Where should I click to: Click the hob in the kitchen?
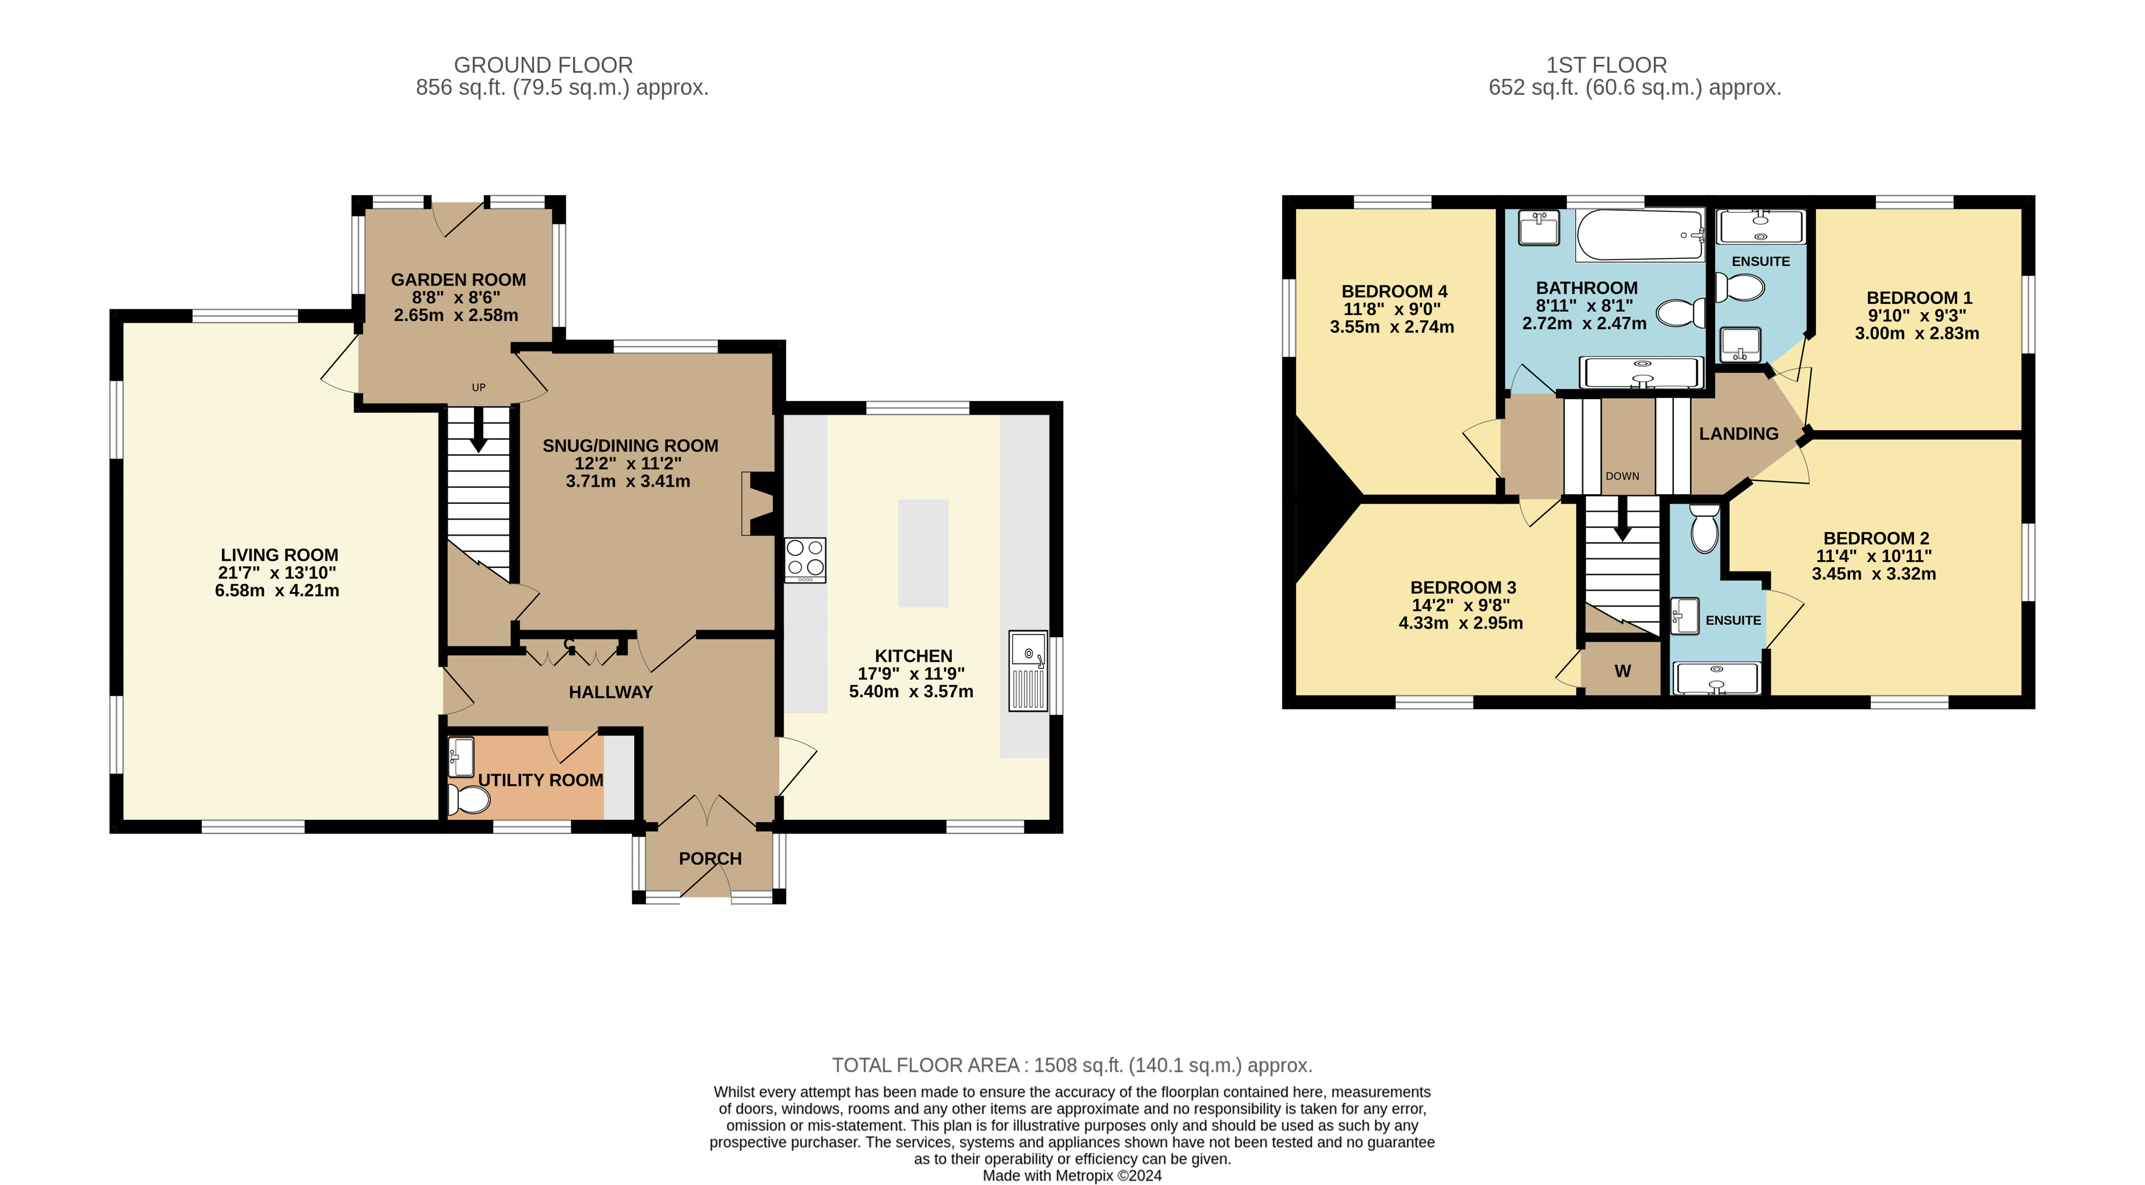[x=805, y=560]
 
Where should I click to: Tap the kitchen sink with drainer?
[x=1028, y=671]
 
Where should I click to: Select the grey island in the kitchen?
[x=922, y=553]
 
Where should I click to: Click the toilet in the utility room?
[x=469, y=800]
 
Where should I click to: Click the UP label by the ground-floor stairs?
[x=479, y=387]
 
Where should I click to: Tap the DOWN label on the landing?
[x=1622, y=476]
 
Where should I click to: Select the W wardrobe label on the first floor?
[x=1623, y=671]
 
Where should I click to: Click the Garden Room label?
[x=459, y=279]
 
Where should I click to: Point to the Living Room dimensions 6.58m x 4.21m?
[x=277, y=590]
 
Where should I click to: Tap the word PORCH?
[x=710, y=858]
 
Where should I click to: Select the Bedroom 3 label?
[x=1463, y=588]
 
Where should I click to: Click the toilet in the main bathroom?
[x=1680, y=314]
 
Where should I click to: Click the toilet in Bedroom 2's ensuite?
[x=1705, y=528]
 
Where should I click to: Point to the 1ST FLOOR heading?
[x=1606, y=65]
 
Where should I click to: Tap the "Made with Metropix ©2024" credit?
[x=1073, y=1176]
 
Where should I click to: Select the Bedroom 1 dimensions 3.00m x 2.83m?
[x=1917, y=333]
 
